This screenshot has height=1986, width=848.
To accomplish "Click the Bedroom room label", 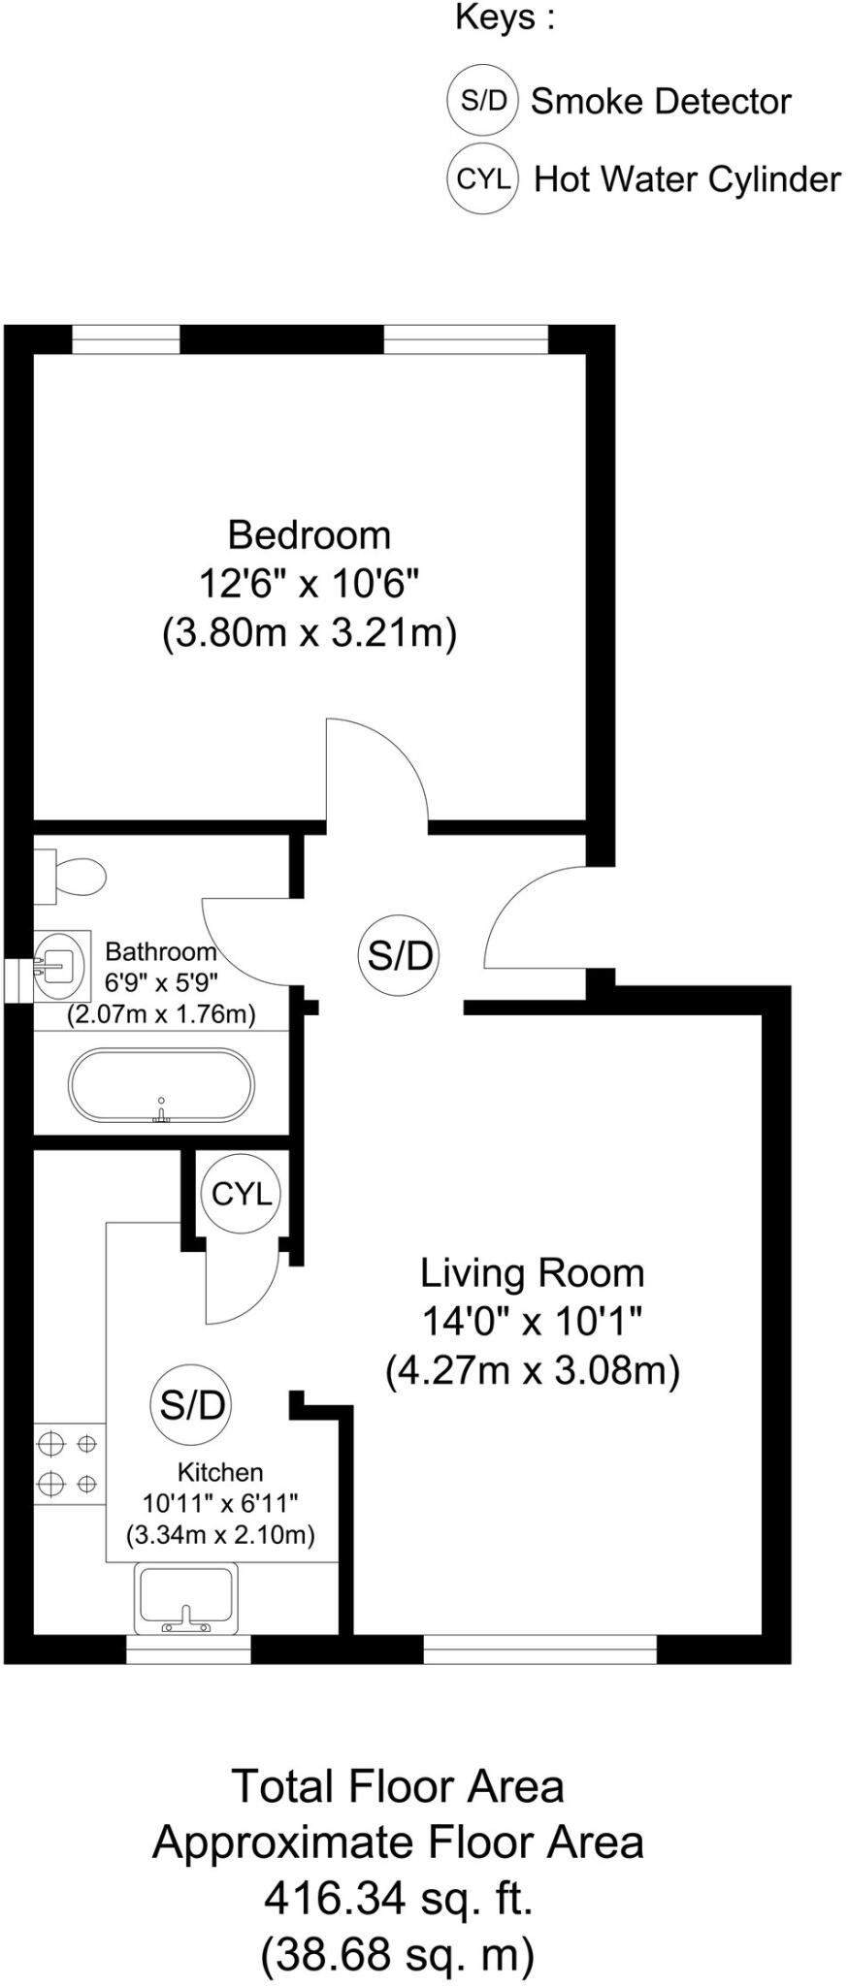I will click(x=309, y=534).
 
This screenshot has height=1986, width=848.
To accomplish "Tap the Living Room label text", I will click(x=531, y=1273).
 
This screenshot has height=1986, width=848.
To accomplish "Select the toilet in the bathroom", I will click(x=73, y=876).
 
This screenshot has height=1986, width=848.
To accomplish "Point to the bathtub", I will click(x=161, y=1085).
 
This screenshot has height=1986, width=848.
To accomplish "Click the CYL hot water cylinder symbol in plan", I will click(x=242, y=1193).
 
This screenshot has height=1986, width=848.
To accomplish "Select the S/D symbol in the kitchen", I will click(x=192, y=1404).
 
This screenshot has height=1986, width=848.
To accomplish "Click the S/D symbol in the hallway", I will click(x=399, y=955).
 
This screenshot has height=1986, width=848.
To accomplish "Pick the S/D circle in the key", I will click(x=482, y=100).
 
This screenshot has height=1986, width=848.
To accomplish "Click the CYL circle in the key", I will click(x=482, y=178).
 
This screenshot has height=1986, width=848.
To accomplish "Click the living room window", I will click(x=539, y=1649).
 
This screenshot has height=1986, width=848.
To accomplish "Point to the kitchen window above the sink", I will click(x=188, y=1649).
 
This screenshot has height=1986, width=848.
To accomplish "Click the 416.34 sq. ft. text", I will click(x=398, y=1897).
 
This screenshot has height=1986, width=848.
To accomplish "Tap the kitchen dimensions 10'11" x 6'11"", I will click(x=220, y=1503).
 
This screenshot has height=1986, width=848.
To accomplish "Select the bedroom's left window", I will click(x=126, y=339).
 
